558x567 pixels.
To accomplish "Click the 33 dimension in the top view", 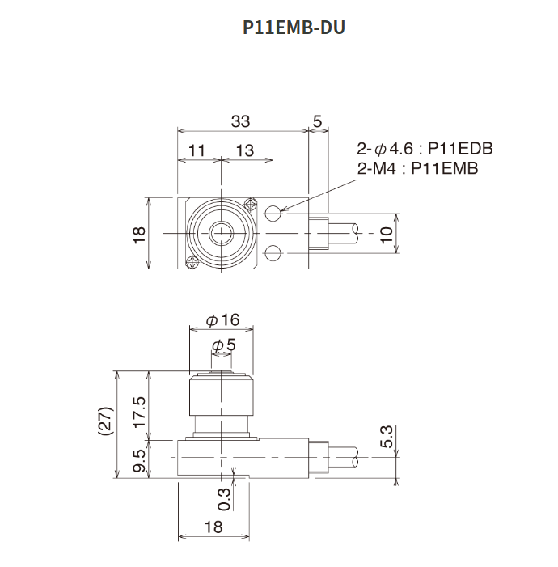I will point(240,121).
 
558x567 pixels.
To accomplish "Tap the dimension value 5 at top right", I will point(317,121).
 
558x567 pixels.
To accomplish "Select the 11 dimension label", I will point(197,150).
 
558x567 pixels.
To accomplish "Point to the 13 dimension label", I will point(244,150).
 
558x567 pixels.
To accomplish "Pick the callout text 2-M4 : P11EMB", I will point(417,168).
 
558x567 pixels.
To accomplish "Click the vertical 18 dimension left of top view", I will point(138,234).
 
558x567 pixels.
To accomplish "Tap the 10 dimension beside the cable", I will point(387,234).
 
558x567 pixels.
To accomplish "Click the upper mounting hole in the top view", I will point(273,214).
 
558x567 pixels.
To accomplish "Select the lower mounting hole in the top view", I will point(273,252).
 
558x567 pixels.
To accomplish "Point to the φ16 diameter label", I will point(223,320).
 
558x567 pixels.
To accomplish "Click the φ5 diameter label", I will point(223,345).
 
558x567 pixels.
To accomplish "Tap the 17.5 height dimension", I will point(138,414).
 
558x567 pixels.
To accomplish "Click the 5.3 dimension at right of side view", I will point(387,437).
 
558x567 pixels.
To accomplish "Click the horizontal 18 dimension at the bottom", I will point(214,527).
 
